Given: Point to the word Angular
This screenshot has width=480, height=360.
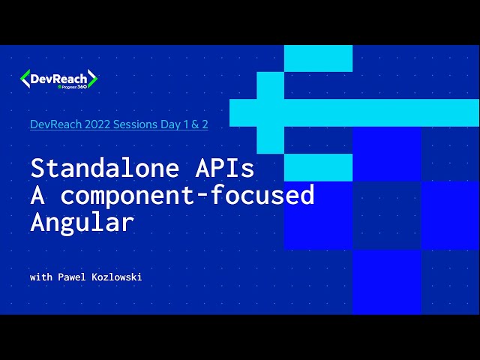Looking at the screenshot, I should coord(82,222).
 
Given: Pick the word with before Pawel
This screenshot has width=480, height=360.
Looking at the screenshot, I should coord(42,277).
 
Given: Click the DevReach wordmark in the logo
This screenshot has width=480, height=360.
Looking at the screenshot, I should coord(58,77).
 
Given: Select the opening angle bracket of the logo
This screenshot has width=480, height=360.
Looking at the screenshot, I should coord(25,79).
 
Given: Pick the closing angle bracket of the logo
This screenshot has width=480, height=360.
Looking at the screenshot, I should coord(93,79).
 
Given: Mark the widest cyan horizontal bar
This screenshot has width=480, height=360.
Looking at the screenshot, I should coord(354,112).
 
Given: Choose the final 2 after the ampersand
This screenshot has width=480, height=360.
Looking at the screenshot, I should coord(205,124).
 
